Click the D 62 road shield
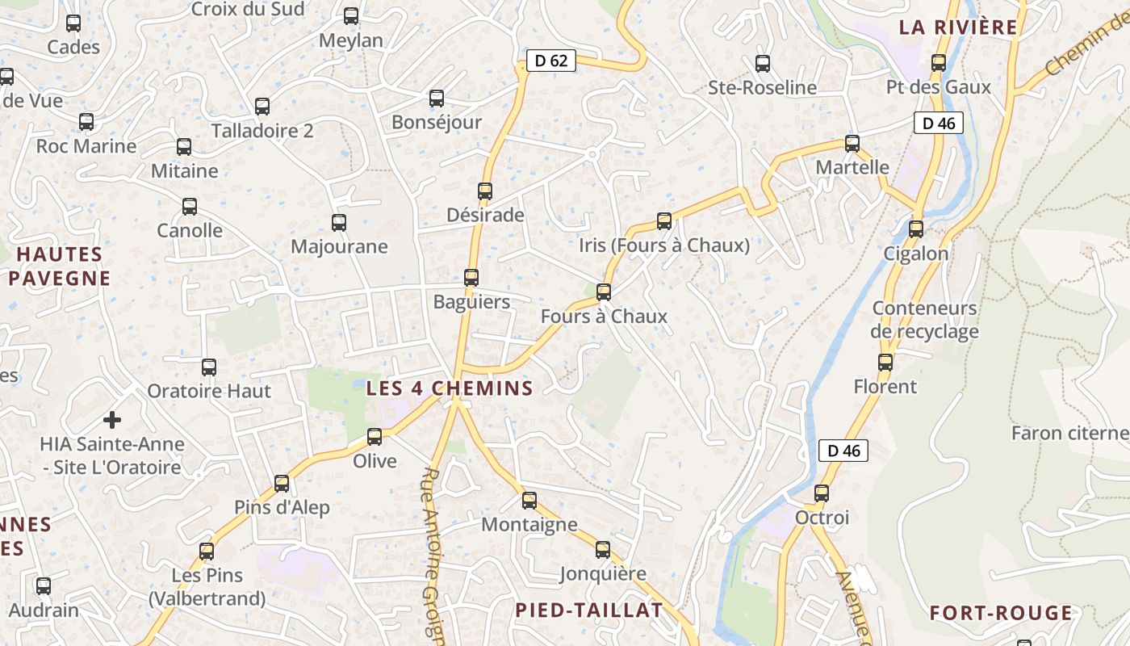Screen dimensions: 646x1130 pos(551,61)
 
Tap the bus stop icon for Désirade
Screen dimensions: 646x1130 pos(485,191)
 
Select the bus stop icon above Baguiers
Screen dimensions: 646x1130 pos(471,278)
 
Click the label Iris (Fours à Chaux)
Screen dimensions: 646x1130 pos(664,245)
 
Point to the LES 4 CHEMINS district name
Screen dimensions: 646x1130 pos(450,388)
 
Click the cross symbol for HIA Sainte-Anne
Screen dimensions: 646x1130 pos(112,420)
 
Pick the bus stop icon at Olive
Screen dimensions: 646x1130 pos(375,437)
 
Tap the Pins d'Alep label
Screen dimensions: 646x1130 pos(282,508)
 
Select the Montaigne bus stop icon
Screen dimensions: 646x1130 pos(529,501)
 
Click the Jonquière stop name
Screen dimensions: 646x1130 pos(603,574)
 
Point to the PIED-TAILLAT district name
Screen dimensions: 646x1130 pos(589,610)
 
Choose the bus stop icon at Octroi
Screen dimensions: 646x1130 pos(822,493)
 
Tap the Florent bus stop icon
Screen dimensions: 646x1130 pos(885,363)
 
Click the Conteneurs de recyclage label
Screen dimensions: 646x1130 pos(924,320)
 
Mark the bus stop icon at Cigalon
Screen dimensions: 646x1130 pos(916,229)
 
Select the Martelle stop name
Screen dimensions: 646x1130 pos(852,168)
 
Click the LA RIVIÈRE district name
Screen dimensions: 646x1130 pos(958,27)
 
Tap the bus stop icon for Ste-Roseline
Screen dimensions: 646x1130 pos(763,64)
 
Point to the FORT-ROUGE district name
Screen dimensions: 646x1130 pos(1001,614)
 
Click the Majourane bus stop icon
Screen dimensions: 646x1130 pos(339,223)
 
